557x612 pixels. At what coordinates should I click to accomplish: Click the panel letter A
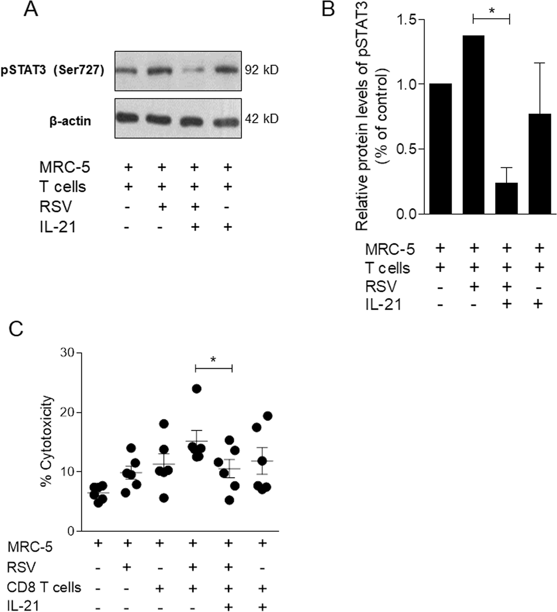point(31,9)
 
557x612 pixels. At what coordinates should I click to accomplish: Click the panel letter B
point(328,9)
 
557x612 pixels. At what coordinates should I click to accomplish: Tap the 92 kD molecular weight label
point(261,70)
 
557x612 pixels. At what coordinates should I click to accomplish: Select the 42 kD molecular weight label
point(261,119)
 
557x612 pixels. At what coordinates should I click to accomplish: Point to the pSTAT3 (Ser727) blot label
point(52,70)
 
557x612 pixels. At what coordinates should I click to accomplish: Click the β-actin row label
point(70,121)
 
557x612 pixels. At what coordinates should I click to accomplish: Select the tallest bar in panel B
point(473,125)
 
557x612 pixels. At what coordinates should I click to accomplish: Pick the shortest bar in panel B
point(506,198)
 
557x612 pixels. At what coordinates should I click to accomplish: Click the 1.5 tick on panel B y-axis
point(407,20)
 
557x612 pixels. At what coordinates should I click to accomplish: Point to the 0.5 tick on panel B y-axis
point(407,149)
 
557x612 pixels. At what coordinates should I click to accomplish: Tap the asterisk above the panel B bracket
point(492,11)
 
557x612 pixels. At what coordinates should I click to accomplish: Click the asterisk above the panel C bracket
point(213,359)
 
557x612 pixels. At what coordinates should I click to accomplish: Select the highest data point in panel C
point(197,389)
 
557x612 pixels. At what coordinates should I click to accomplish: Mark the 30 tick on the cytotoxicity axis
point(67,353)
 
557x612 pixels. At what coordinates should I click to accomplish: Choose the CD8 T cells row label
point(44,587)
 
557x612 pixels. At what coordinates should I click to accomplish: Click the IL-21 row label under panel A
point(58,227)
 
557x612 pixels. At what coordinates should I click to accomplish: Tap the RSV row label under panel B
point(381,287)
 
